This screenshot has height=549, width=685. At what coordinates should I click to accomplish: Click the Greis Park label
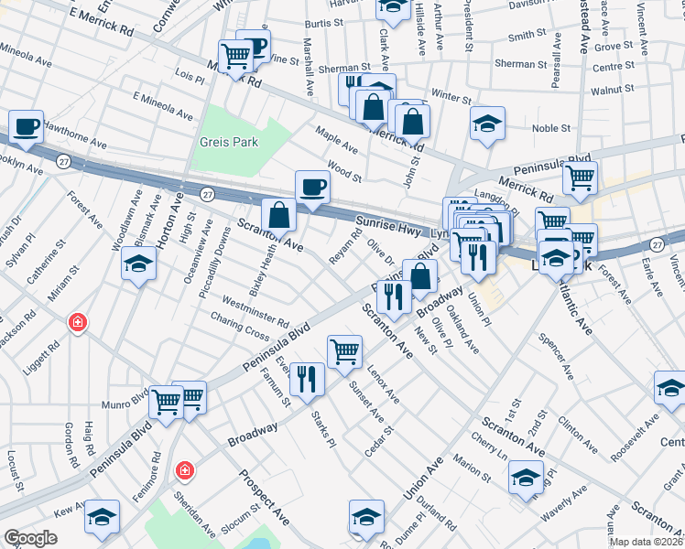(229, 142)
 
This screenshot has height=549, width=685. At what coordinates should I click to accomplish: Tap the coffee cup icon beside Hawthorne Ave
(26, 126)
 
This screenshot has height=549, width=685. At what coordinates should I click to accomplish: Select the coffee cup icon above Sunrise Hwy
(312, 187)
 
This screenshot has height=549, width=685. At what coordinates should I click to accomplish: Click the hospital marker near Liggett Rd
(79, 322)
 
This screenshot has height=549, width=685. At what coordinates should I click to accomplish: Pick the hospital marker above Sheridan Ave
(185, 470)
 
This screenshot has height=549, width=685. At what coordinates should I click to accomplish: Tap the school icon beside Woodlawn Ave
(138, 264)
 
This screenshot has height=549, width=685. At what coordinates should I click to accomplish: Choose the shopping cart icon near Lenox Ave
(344, 350)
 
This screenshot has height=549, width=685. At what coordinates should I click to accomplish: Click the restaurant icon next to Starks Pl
(307, 378)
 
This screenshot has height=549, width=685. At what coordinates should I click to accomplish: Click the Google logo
(30, 539)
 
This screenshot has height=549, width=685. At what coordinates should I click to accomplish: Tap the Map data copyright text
(647, 542)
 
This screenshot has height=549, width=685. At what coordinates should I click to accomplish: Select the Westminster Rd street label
(256, 312)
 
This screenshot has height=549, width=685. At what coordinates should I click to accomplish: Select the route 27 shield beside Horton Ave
(208, 194)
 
